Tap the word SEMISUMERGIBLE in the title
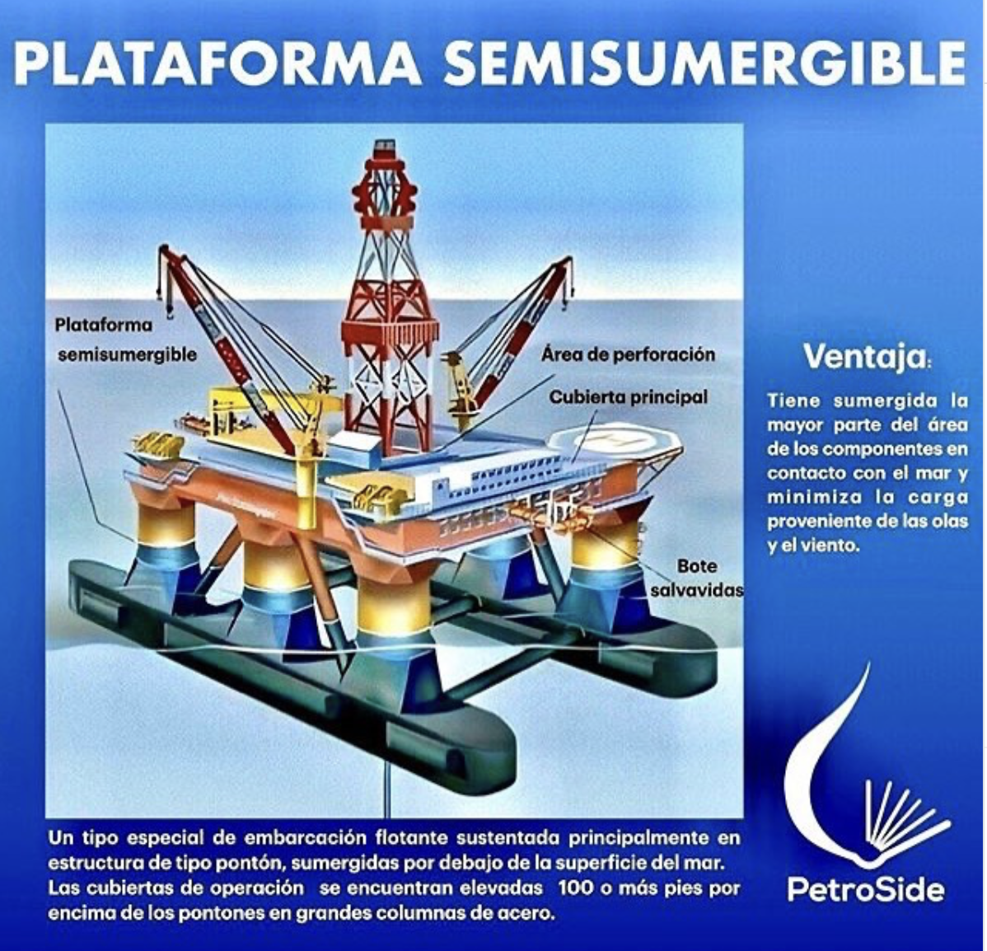click(705, 63)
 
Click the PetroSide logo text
click(865, 889)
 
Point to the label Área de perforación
click(628, 354)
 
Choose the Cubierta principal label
click(629, 397)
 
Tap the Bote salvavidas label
click(697, 578)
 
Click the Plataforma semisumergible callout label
click(126, 340)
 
